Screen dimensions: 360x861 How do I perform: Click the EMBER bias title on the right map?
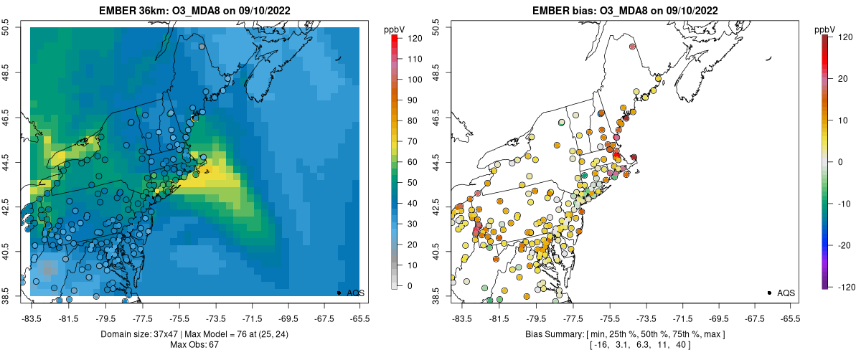pos(624,9)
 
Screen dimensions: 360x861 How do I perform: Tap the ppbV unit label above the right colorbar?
pos(826,29)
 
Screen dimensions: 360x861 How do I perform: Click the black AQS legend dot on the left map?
pos(338,293)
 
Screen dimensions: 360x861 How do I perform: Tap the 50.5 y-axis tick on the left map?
pos(6,28)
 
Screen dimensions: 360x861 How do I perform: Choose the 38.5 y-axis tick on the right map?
pos(437,295)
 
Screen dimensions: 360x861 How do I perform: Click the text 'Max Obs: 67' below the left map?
pos(194,345)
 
